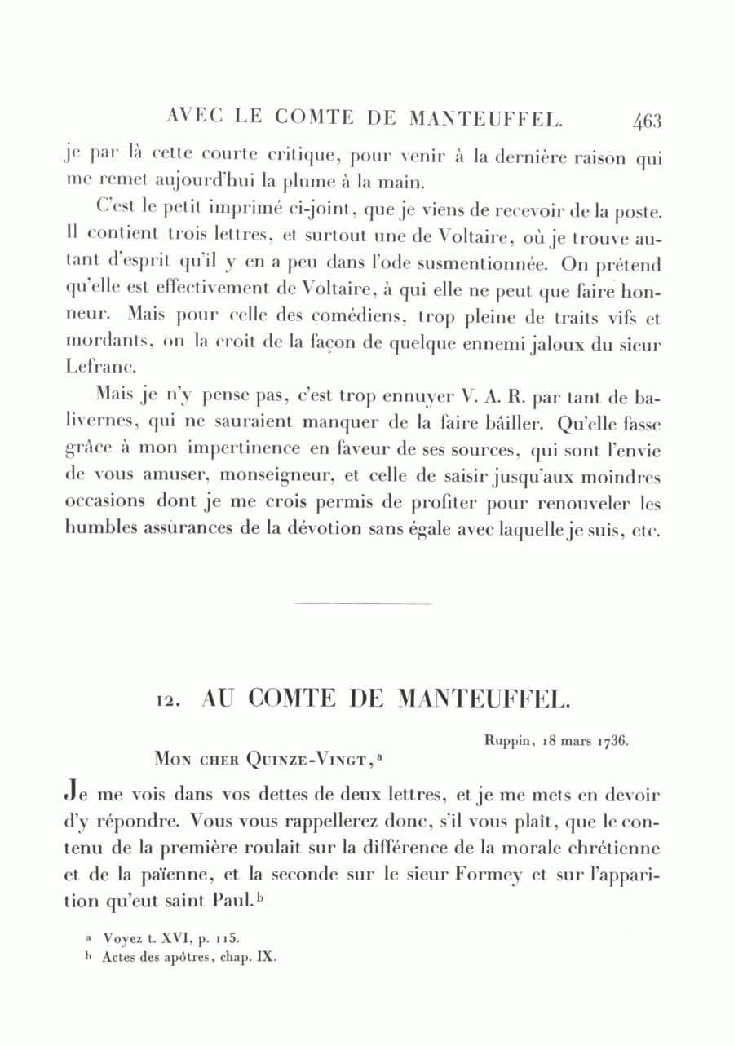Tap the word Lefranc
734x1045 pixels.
[x=92, y=368]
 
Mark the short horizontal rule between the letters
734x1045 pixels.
[x=362, y=604]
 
